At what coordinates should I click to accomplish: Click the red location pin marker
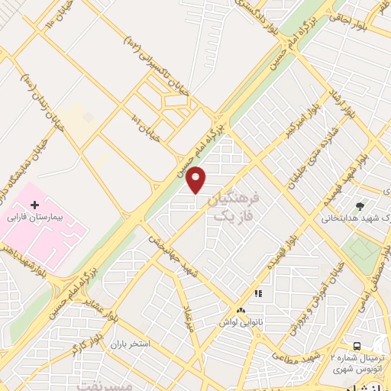(x=196, y=179)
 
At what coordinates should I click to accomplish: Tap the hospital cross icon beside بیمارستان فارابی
(x=34, y=204)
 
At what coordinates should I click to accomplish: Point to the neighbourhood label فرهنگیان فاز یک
(x=234, y=207)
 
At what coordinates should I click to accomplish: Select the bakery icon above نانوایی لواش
(x=241, y=310)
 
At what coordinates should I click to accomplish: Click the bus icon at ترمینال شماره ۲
(x=357, y=346)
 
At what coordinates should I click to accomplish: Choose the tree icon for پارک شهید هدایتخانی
(x=360, y=205)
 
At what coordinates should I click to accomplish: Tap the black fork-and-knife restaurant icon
(x=258, y=293)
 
